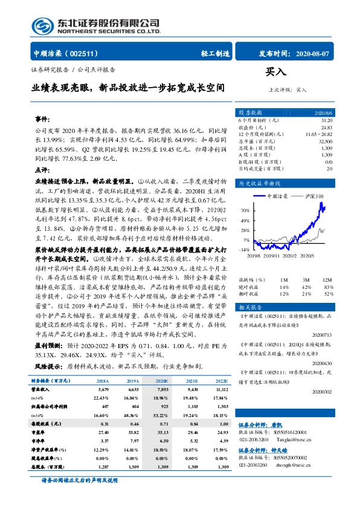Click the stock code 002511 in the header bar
[86, 53]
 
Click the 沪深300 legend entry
[315, 196]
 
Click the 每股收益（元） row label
[43, 424]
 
